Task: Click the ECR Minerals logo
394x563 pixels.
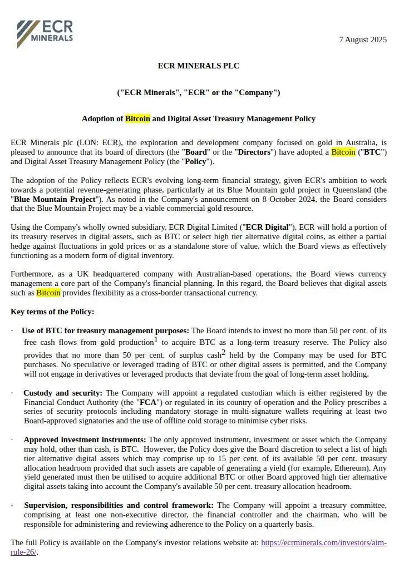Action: pyautogui.click(x=45, y=33)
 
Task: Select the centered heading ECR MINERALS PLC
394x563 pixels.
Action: pyautogui.click(x=198, y=66)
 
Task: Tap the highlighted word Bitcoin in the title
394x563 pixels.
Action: pyautogui.click(x=137, y=118)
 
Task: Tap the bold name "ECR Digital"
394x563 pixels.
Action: pyautogui.click(x=266, y=227)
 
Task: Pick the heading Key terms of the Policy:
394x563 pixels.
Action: pyautogui.click(x=52, y=312)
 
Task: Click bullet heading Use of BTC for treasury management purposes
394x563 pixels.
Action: pyautogui.click(x=105, y=330)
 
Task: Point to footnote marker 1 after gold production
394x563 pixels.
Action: pyautogui.click(x=156, y=339)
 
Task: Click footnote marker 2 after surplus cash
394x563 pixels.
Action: pyautogui.click(x=223, y=352)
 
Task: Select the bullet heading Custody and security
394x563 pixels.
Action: pyautogui.click(x=63, y=393)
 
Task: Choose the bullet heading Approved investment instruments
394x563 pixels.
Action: pyautogui.click(x=85, y=439)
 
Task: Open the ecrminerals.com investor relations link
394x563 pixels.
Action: pyautogui.click(x=324, y=542)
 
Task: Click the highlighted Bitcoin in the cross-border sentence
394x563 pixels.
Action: pyautogui.click(x=48, y=293)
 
